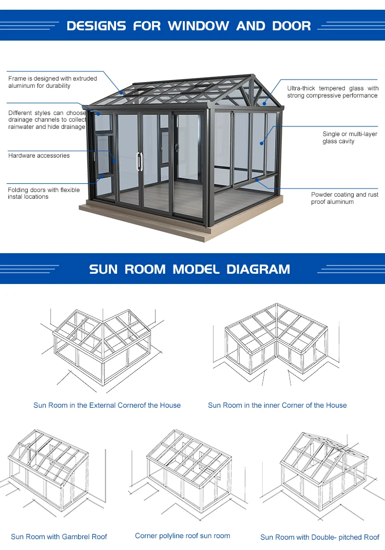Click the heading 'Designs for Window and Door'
[189, 26]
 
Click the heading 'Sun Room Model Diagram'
[189, 269]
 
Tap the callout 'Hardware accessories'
[39, 156]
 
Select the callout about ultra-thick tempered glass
[333, 92]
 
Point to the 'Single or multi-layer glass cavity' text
[350, 138]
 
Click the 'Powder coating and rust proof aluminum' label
[344, 198]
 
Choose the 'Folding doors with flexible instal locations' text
[44, 193]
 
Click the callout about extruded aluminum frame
[52, 82]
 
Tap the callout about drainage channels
[47, 120]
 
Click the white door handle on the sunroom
[139, 161]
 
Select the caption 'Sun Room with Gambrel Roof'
[59, 537]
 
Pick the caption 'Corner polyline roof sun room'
[182, 536]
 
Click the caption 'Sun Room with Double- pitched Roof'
[319, 537]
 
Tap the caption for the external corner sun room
[107, 405]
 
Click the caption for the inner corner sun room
[277, 405]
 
